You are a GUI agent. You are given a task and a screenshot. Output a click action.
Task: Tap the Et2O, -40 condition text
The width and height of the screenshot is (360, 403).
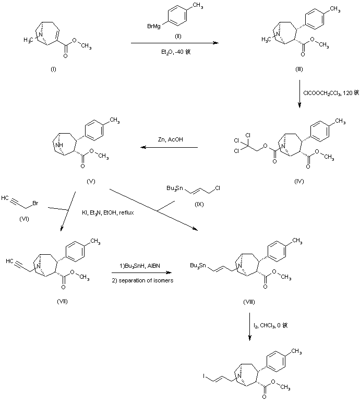click(x=174, y=52)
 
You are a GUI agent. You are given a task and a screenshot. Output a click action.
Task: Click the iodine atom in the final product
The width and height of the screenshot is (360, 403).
click(x=206, y=375)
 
